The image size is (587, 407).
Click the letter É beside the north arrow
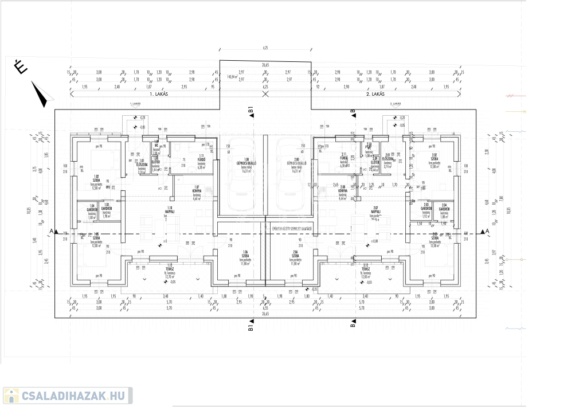21,68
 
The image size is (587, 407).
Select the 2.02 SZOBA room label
435,157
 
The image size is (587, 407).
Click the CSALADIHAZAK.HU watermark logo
68,396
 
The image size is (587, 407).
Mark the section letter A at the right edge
487,231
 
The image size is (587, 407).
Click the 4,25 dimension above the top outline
265,49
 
